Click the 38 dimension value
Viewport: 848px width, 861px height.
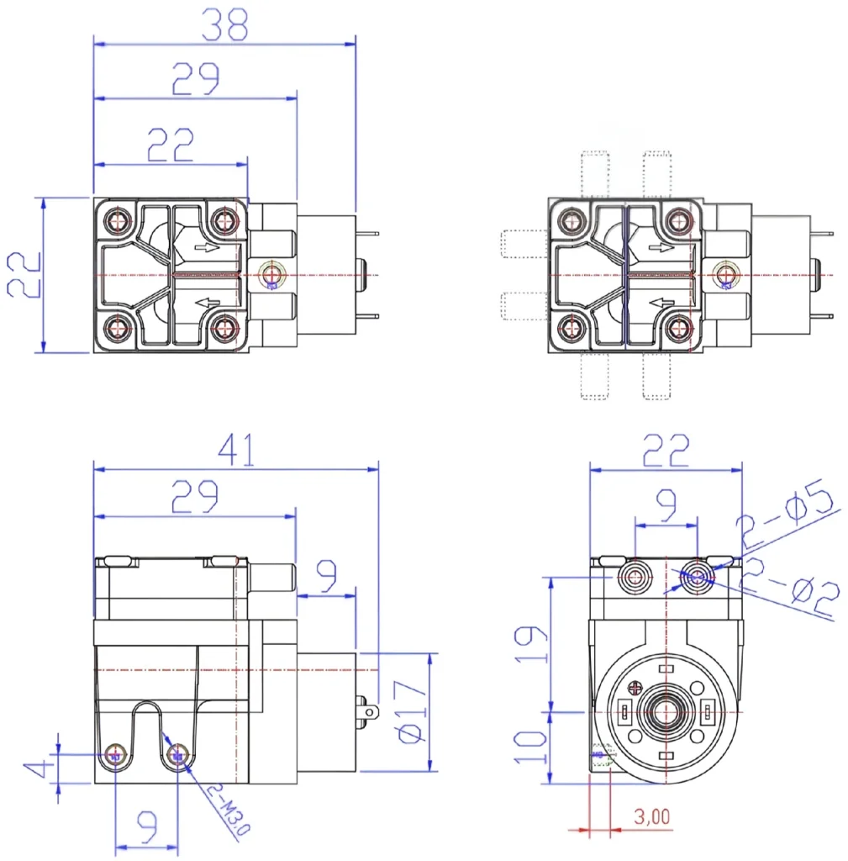[x=224, y=25]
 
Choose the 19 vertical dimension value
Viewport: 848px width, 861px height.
[x=530, y=643]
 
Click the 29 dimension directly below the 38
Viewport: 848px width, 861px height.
[x=195, y=79]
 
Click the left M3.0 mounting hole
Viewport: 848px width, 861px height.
[x=115, y=755]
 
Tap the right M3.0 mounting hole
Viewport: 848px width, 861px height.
[x=176, y=755]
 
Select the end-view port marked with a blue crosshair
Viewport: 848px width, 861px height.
[x=698, y=576]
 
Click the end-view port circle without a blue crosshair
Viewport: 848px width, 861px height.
[x=635, y=576]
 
